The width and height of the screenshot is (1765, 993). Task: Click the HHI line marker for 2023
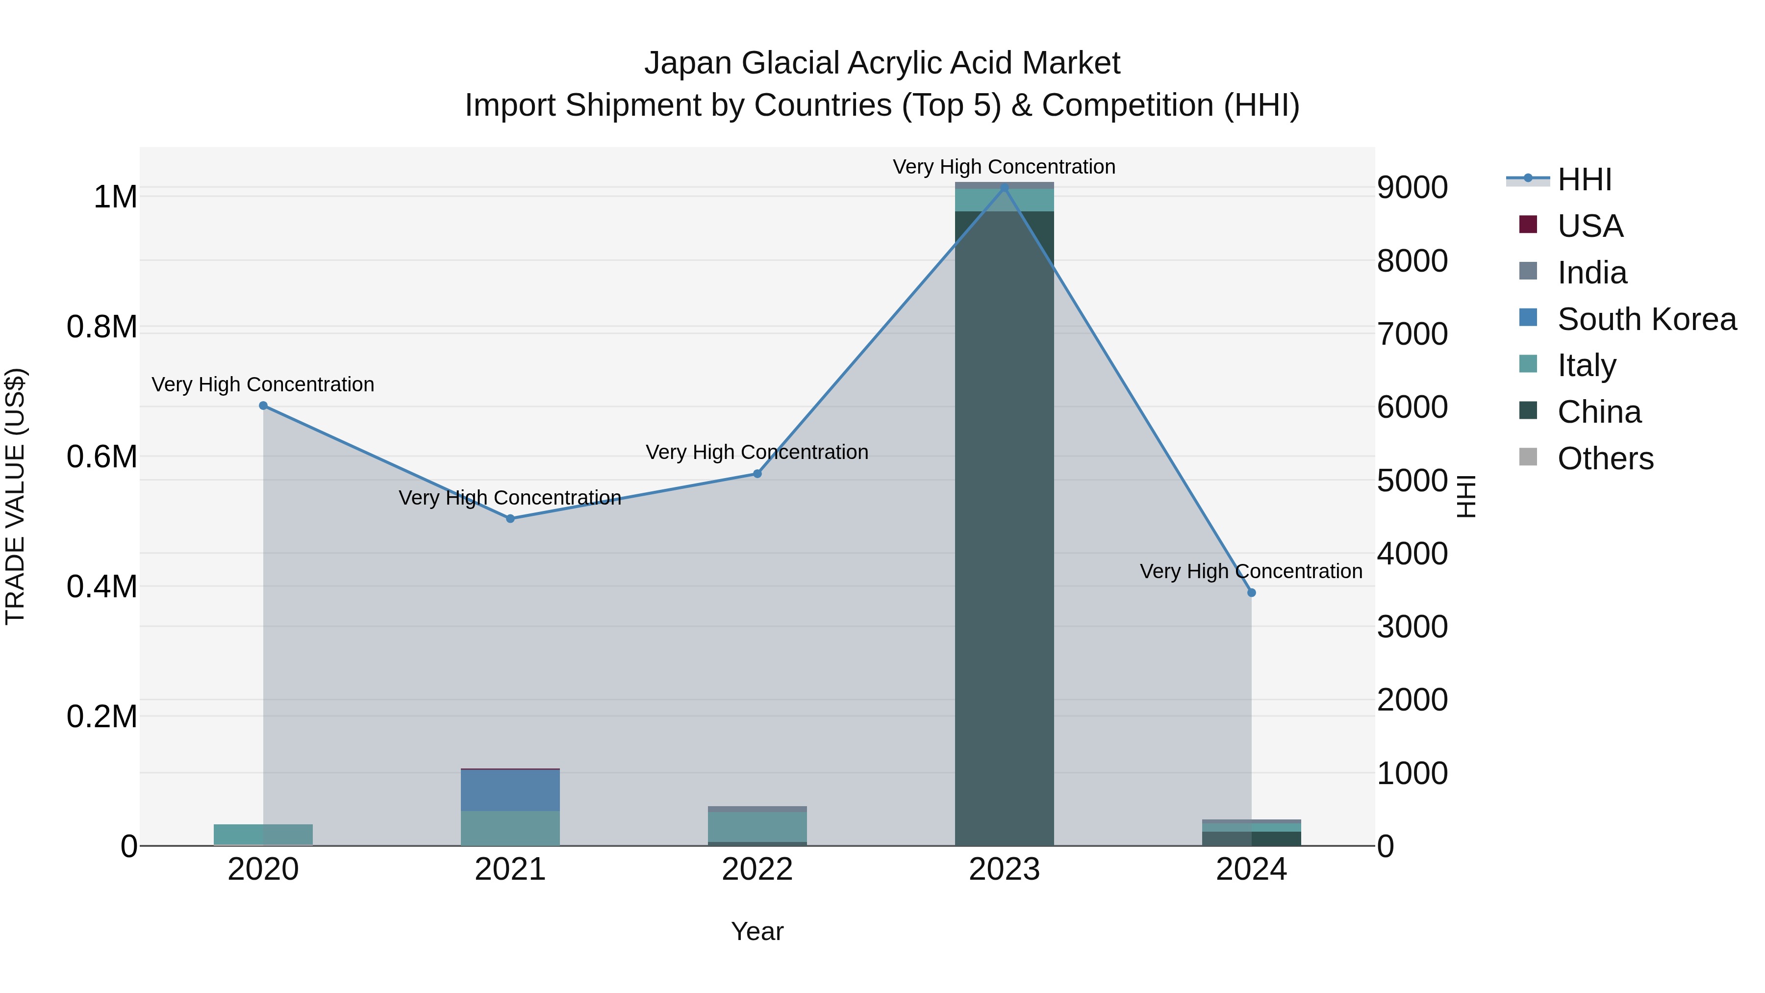click(x=1005, y=187)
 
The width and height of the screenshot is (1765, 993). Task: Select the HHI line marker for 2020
click(x=263, y=406)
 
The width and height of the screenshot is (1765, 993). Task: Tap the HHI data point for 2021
click(x=510, y=519)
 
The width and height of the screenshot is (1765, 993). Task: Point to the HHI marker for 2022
click(x=757, y=474)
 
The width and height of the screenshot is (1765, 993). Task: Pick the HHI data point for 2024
click(x=1252, y=593)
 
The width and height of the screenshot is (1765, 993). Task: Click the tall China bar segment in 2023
click(x=1005, y=528)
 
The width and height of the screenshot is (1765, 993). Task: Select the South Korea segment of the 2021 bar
click(x=510, y=790)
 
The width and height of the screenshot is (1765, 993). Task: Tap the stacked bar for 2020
click(x=263, y=835)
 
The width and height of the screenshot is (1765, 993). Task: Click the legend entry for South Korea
click(x=1646, y=319)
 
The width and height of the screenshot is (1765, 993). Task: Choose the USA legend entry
click(x=1589, y=226)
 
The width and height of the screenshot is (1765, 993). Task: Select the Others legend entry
click(x=1605, y=458)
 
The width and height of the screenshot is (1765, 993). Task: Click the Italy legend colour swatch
click(x=1528, y=364)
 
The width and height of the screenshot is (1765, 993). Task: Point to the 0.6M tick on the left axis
click(x=102, y=457)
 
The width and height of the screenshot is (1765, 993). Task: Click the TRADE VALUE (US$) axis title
click(x=15, y=496)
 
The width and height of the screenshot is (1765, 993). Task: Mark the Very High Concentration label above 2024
click(x=1251, y=572)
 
